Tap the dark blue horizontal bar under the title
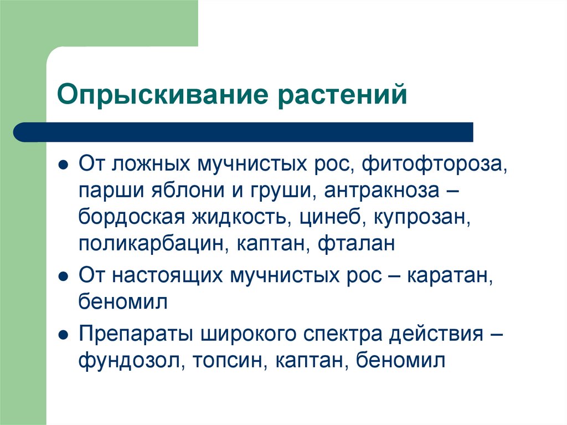[244, 132]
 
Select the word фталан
[357, 244]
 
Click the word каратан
[448, 275]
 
